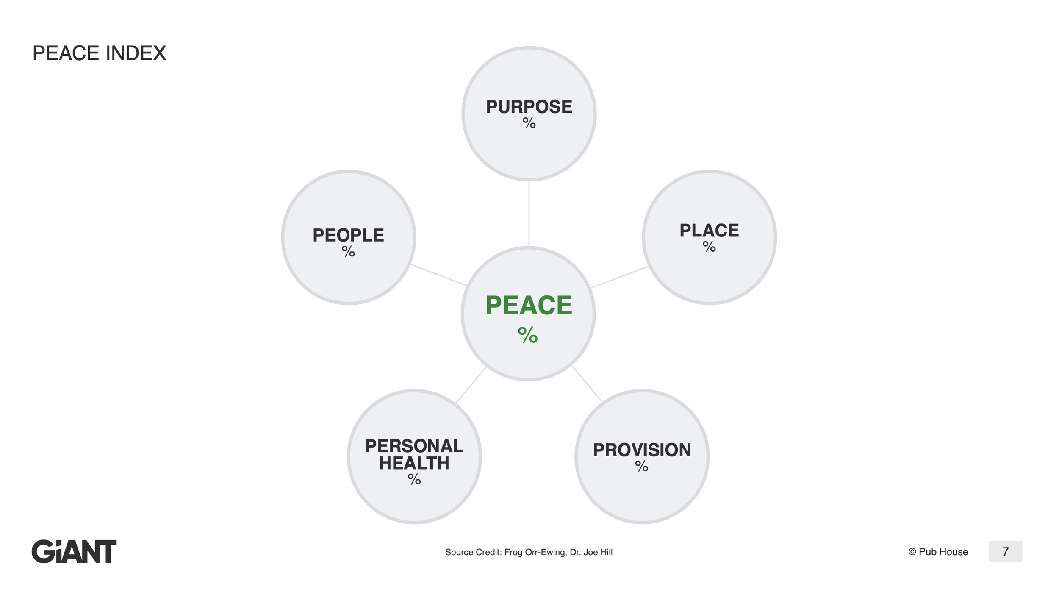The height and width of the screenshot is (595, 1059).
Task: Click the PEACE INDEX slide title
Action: pyautogui.click(x=99, y=53)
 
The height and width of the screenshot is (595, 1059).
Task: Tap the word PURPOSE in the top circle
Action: pyautogui.click(x=529, y=107)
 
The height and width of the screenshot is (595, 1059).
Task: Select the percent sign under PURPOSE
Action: pyautogui.click(x=529, y=123)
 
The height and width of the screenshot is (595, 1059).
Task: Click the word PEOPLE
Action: pyautogui.click(x=348, y=235)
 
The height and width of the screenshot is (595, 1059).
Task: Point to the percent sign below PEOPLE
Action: pyautogui.click(x=348, y=252)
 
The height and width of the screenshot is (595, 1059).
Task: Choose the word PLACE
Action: pyautogui.click(x=709, y=231)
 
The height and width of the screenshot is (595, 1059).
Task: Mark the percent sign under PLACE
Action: pyautogui.click(x=709, y=247)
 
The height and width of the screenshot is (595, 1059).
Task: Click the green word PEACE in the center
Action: pyautogui.click(x=529, y=305)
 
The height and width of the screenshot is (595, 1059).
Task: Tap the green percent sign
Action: pyautogui.click(x=528, y=335)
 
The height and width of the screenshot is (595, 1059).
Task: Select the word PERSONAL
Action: pyautogui.click(x=414, y=446)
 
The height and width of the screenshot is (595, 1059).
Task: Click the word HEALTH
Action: pyautogui.click(x=414, y=463)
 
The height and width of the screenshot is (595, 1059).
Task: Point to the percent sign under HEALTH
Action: pyautogui.click(x=414, y=479)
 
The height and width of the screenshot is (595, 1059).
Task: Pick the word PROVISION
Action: pyautogui.click(x=642, y=450)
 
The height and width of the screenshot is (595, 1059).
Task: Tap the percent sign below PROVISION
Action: pyautogui.click(x=642, y=467)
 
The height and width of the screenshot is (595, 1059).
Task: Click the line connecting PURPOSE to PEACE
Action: pyautogui.click(x=529, y=214)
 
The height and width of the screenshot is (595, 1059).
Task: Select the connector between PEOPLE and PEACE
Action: pyautogui.click(x=439, y=275)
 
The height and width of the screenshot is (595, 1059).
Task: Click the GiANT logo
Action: pyautogui.click(x=74, y=551)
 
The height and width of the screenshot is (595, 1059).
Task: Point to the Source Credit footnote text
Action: pyautogui.click(x=529, y=552)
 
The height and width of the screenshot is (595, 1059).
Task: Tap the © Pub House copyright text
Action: pyautogui.click(x=938, y=552)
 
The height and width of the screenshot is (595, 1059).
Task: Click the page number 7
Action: pyautogui.click(x=1005, y=551)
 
